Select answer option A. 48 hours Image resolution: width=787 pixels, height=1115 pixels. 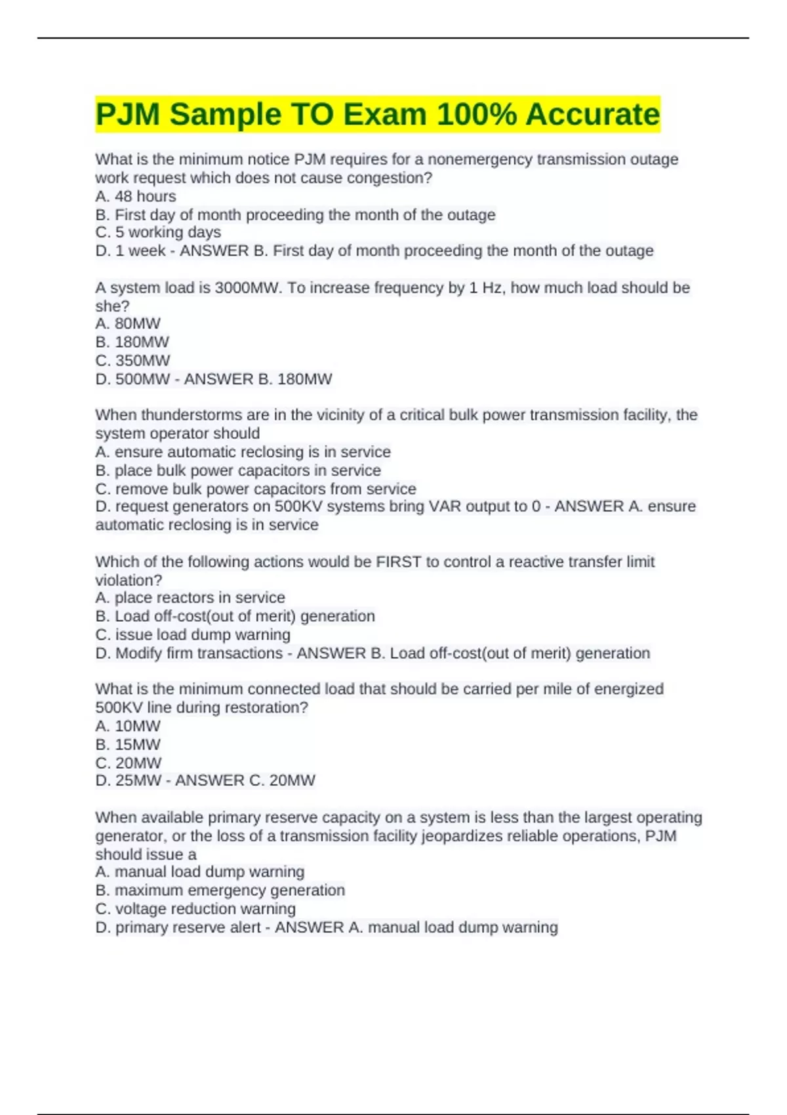click(x=136, y=196)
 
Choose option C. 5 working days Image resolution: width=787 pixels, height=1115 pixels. click(x=158, y=232)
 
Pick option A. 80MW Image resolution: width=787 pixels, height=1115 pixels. click(x=128, y=323)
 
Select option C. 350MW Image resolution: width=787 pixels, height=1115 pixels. click(x=132, y=360)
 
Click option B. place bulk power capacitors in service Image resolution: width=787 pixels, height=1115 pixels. click(x=238, y=470)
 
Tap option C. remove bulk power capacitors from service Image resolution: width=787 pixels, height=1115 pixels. click(x=256, y=489)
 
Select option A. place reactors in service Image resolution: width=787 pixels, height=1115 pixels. click(x=190, y=598)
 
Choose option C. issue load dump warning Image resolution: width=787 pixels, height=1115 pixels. click(x=193, y=634)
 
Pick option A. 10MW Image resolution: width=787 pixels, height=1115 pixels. click(x=128, y=726)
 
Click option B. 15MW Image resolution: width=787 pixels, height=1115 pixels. click(x=128, y=744)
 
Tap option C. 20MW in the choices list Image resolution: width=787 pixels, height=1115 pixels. click(x=129, y=763)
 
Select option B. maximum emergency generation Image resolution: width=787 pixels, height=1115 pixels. click(x=220, y=890)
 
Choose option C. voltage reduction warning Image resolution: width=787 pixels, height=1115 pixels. click(x=195, y=908)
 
